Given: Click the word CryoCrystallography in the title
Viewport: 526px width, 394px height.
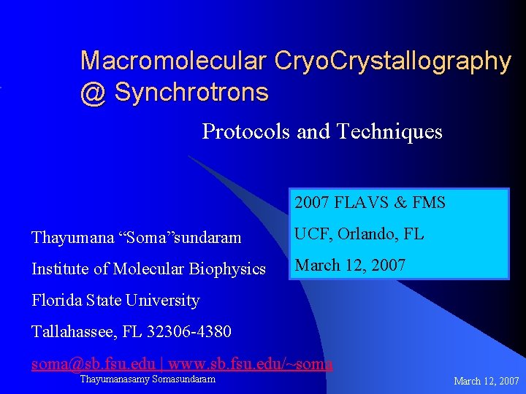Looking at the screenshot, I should pos(392,61).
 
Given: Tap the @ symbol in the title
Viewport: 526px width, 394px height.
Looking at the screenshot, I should pos(93,93).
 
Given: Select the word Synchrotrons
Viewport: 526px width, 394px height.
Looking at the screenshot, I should pos(191,93).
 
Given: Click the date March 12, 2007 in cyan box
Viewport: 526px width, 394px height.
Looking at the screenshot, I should pos(350,266).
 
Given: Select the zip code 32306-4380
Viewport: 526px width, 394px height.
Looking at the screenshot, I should pos(189,332).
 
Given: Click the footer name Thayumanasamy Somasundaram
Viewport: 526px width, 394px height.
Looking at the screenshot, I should pos(148,379).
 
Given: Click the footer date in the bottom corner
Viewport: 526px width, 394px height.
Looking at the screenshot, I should pos(487,381).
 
